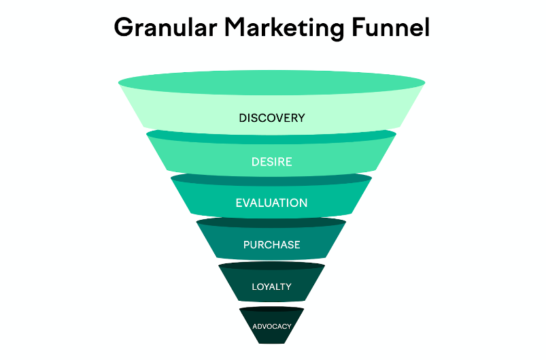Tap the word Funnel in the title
(x=394, y=28)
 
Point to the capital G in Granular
(x=124, y=28)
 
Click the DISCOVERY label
(x=272, y=118)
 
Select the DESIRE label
(x=272, y=162)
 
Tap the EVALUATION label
(x=271, y=203)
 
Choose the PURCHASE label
(x=271, y=245)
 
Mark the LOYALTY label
(x=271, y=287)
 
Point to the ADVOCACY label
(x=271, y=326)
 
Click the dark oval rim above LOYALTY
(x=271, y=265)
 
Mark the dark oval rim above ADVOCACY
(x=271, y=310)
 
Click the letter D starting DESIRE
(x=254, y=162)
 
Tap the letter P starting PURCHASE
(x=246, y=245)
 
